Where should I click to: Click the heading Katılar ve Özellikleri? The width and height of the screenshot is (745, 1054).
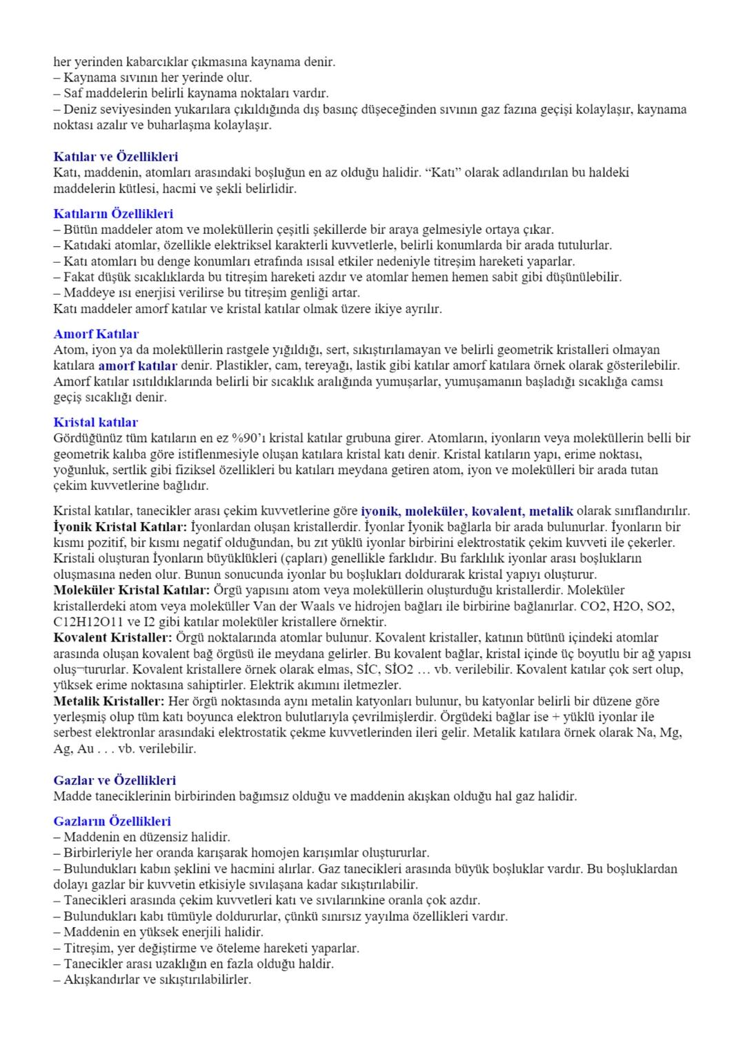(x=115, y=157)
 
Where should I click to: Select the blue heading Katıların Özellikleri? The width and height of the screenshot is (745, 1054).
(x=113, y=214)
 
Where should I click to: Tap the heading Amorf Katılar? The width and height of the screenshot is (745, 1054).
(x=96, y=335)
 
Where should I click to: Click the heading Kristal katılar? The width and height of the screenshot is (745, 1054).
(x=95, y=422)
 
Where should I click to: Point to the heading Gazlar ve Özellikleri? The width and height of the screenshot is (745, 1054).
(x=115, y=780)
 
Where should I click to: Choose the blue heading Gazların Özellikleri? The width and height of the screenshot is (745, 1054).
(x=112, y=822)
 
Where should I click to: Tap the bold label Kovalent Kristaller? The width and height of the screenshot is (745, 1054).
(x=113, y=637)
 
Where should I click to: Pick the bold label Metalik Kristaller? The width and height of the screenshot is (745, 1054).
(x=109, y=701)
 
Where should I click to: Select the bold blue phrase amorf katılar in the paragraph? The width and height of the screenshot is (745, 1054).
(x=137, y=366)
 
